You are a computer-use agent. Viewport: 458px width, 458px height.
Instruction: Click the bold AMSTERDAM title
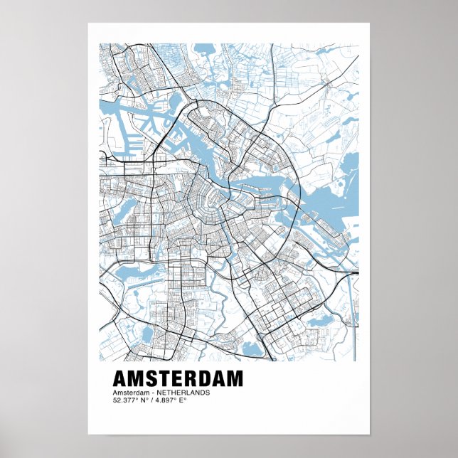coord(178,378)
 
